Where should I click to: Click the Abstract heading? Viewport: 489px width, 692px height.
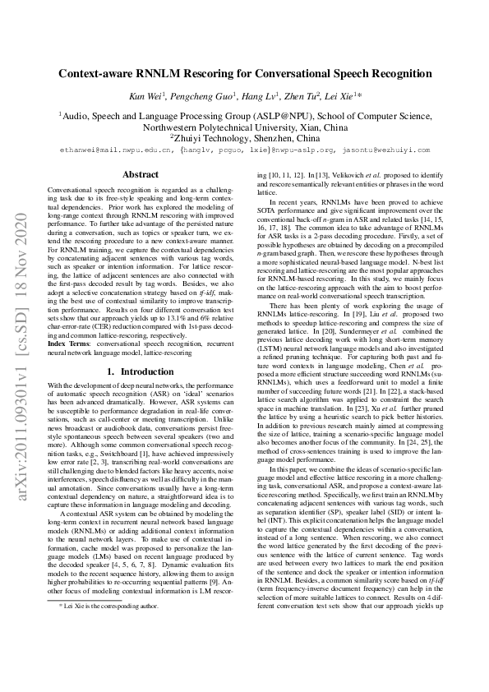tap(140, 175)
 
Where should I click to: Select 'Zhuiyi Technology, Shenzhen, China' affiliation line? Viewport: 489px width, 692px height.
tap(244, 139)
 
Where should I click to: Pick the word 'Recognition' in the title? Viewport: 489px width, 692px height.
tap(397, 73)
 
